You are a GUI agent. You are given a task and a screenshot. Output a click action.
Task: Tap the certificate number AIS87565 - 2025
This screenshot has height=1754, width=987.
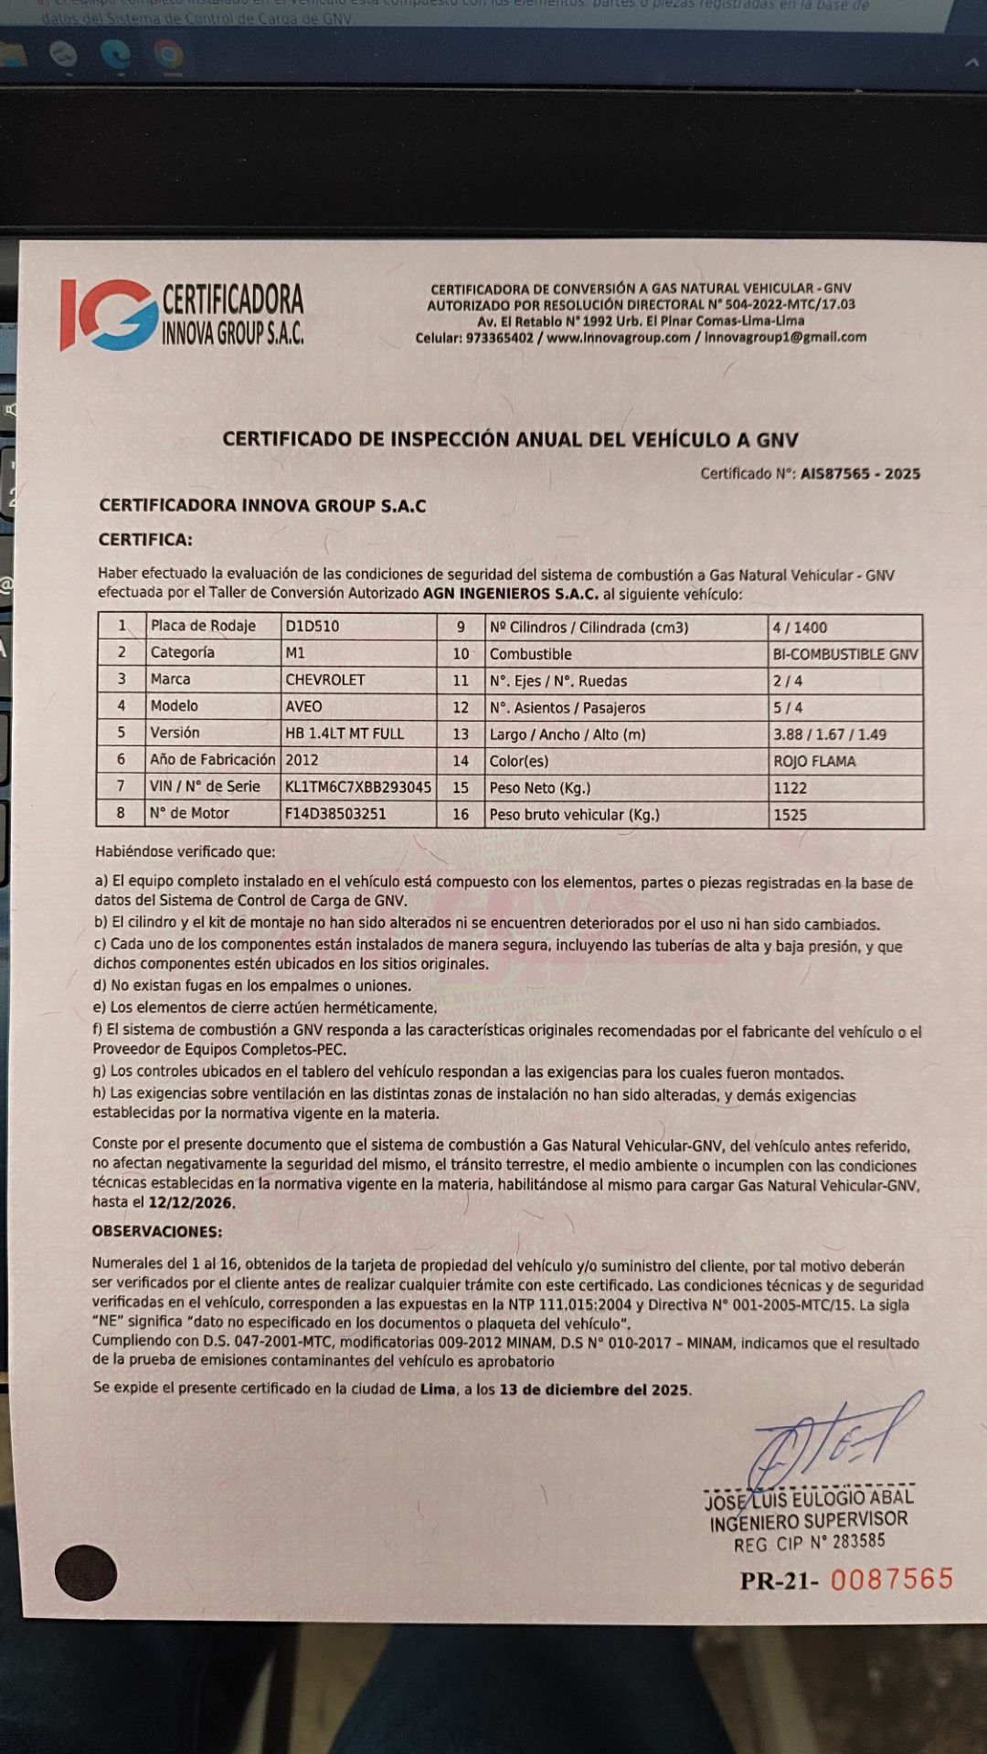860,473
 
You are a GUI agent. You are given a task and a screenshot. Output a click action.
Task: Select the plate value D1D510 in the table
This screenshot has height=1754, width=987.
313,627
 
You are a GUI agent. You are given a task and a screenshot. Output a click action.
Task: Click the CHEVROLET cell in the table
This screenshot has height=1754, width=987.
325,680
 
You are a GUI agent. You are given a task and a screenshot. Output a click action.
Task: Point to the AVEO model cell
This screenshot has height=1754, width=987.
304,706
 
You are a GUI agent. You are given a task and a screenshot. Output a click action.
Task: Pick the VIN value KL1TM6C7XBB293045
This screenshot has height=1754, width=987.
358,787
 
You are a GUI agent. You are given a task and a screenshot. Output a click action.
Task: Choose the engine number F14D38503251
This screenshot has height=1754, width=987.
335,813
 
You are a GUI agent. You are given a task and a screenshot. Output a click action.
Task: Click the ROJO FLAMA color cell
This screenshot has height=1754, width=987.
814,761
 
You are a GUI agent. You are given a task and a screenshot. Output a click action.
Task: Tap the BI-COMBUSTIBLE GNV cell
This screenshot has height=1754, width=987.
845,654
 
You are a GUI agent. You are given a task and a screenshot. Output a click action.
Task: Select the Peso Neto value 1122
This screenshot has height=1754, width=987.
791,787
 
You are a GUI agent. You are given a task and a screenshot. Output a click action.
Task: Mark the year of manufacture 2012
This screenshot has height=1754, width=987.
302,760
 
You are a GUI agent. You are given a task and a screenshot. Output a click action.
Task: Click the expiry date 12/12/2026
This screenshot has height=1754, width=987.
191,1203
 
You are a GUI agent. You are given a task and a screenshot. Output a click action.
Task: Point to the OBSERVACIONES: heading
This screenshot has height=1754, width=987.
157,1231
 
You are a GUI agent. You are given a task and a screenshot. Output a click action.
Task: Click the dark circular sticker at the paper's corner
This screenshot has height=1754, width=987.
86,1573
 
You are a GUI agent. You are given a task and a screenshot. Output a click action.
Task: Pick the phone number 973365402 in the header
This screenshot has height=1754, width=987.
500,337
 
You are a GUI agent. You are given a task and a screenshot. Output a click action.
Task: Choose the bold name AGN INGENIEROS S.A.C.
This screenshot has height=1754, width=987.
510,594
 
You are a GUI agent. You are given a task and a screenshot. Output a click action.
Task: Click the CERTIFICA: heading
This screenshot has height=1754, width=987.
145,540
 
